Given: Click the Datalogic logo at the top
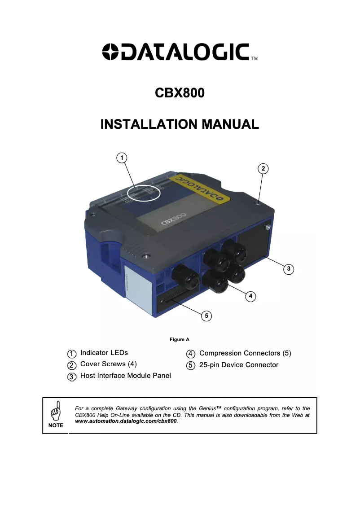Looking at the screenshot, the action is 180,52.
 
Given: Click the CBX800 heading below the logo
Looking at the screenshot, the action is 180,93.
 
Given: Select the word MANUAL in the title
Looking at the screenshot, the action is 230,124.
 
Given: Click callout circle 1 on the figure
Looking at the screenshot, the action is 122,158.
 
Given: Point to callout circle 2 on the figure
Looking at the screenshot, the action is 263,168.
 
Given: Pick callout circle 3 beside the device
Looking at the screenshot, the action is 289,269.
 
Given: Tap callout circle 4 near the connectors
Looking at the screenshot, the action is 250,296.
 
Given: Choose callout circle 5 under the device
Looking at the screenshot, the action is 206,316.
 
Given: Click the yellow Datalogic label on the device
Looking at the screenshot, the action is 199,188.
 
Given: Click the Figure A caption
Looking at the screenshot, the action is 180,339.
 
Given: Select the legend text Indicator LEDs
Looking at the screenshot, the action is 104,353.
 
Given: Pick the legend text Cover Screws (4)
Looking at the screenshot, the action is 109,364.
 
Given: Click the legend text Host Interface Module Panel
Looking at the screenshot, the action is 126,376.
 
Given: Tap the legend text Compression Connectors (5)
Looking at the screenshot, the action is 246,353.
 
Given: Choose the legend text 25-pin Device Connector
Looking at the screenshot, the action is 239,365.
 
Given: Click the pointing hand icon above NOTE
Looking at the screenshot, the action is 56,410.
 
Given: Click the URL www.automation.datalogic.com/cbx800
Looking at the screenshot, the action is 126,421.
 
